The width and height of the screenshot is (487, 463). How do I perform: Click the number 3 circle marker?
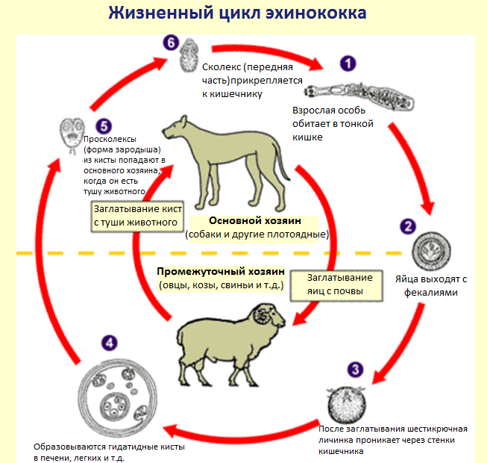356,369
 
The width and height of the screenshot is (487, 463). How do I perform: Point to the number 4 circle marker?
110,344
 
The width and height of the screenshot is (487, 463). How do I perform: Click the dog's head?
175,128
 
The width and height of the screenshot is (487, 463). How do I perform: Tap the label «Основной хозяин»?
253,222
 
